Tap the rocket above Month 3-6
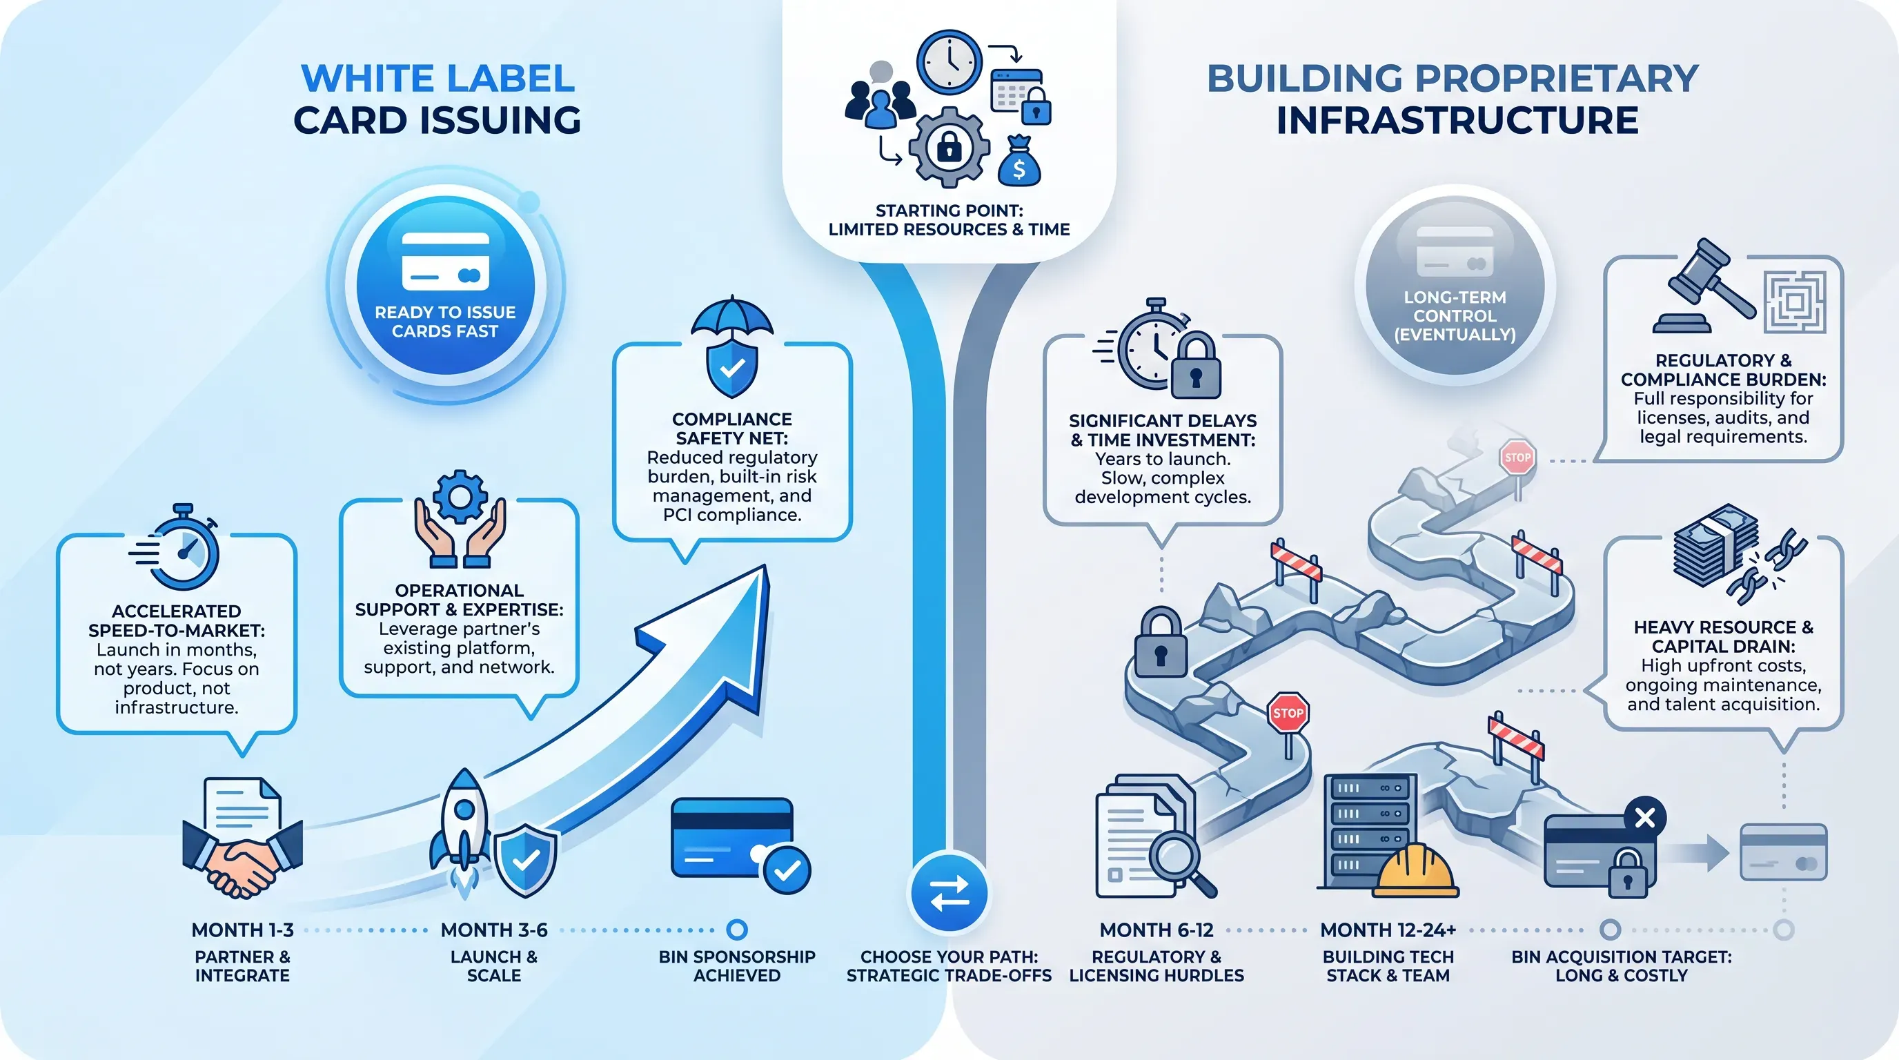[463, 830]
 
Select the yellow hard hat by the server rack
[1416, 870]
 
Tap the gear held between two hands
[460, 496]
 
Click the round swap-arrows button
[949, 894]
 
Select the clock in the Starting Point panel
[949, 62]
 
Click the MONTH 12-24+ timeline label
[1388, 930]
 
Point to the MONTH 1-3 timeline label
[242, 930]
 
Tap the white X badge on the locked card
[1644, 818]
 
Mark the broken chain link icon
[1767, 566]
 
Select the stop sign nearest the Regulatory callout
[1517, 458]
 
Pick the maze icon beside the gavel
[1795, 302]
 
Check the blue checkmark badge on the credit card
[787, 870]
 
